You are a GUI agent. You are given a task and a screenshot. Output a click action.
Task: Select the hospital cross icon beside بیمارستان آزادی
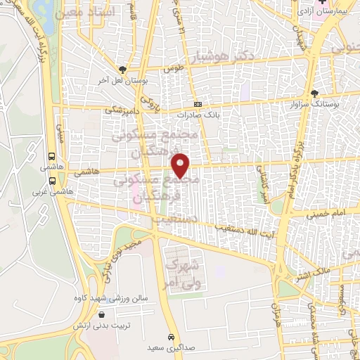point(322,4)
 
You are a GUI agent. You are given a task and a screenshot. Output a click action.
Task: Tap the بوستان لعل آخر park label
point(123,80)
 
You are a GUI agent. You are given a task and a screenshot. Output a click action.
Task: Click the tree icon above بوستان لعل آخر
point(124,70)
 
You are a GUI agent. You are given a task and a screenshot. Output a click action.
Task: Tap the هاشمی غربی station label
point(45,191)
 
